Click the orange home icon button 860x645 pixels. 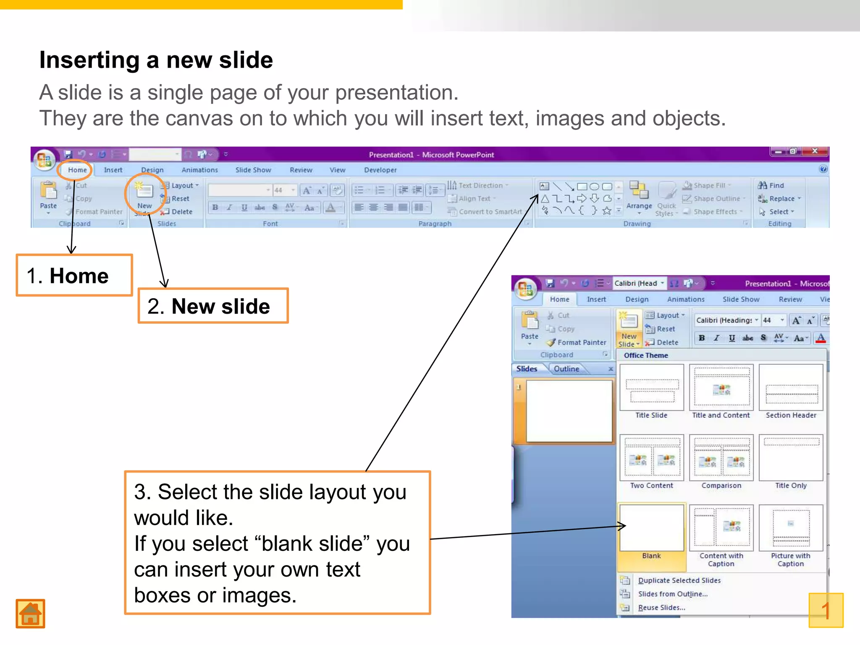pos(30,614)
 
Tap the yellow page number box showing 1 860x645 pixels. pos(826,610)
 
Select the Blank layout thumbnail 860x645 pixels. pos(651,528)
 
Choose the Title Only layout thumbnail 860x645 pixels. pos(791,458)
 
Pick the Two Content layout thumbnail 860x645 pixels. pos(651,458)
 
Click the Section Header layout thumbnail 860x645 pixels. pos(791,387)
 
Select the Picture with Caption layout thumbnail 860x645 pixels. pos(791,528)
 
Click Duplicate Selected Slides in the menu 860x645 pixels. pos(679,580)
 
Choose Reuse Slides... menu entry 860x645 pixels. pos(661,608)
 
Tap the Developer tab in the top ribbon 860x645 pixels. pos(380,170)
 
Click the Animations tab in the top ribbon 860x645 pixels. pos(199,170)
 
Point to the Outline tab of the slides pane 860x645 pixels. pos(566,369)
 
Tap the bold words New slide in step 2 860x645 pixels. pos(220,306)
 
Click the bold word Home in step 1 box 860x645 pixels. pos(79,276)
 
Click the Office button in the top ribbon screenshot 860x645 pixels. pos(45,160)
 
